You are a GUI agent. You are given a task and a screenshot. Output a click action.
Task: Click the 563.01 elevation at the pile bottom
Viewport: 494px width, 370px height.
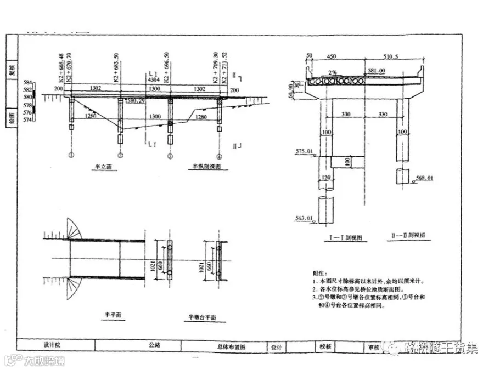click(x=303, y=218)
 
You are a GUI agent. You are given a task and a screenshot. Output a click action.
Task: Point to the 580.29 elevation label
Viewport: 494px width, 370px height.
click(x=135, y=101)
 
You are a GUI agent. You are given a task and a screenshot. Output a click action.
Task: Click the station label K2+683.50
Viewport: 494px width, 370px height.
click(x=116, y=68)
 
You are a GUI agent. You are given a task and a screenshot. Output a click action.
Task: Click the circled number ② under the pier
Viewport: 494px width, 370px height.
click(x=120, y=156)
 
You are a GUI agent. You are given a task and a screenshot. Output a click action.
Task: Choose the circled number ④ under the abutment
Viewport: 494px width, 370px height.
click(x=218, y=156)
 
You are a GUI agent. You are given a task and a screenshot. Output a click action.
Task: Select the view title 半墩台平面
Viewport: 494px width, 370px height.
click(x=203, y=317)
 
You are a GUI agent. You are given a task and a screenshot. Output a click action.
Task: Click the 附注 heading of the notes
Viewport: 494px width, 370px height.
click(x=318, y=272)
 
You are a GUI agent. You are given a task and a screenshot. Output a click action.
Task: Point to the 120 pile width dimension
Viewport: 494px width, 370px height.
click(x=326, y=178)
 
